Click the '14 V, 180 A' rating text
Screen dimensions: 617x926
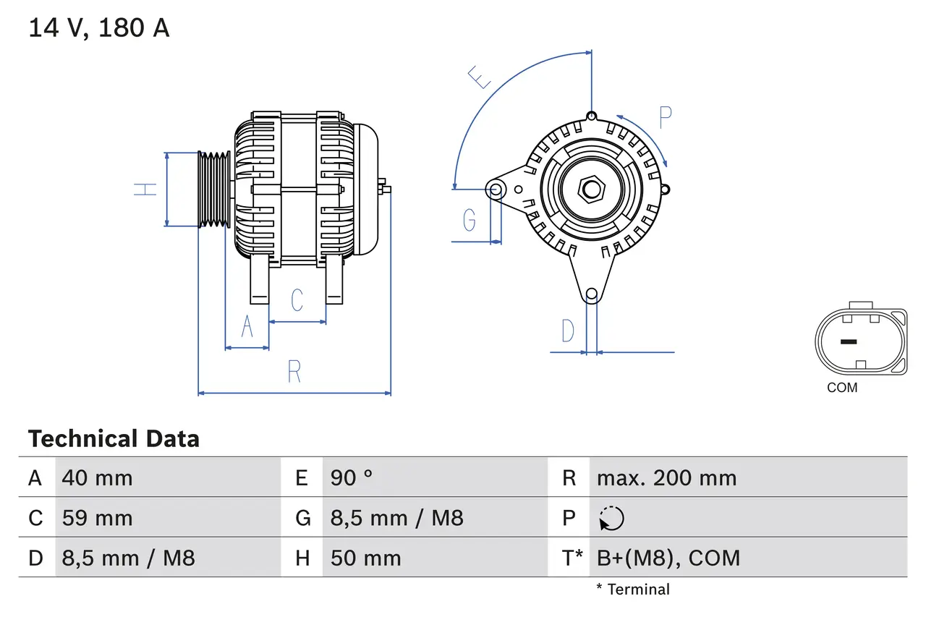98,28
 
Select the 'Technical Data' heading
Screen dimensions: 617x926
114,438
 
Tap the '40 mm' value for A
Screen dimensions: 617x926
98,477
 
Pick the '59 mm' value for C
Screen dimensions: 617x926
98,518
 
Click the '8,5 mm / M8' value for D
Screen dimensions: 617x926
129,558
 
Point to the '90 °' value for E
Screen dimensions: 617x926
352,477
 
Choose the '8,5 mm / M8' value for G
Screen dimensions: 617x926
397,518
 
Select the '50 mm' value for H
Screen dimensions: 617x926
366,558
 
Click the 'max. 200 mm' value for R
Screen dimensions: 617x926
666,477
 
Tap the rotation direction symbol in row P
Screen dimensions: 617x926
611,518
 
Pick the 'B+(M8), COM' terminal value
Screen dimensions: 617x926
668,558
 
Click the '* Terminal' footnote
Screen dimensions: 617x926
633,590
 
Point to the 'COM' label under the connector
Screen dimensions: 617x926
842,388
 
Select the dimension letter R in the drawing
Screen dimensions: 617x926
294,371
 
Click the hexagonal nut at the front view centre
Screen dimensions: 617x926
592,190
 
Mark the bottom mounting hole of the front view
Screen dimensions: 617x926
592,294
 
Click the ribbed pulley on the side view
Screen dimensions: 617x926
214,190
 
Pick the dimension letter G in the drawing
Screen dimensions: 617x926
470,219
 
